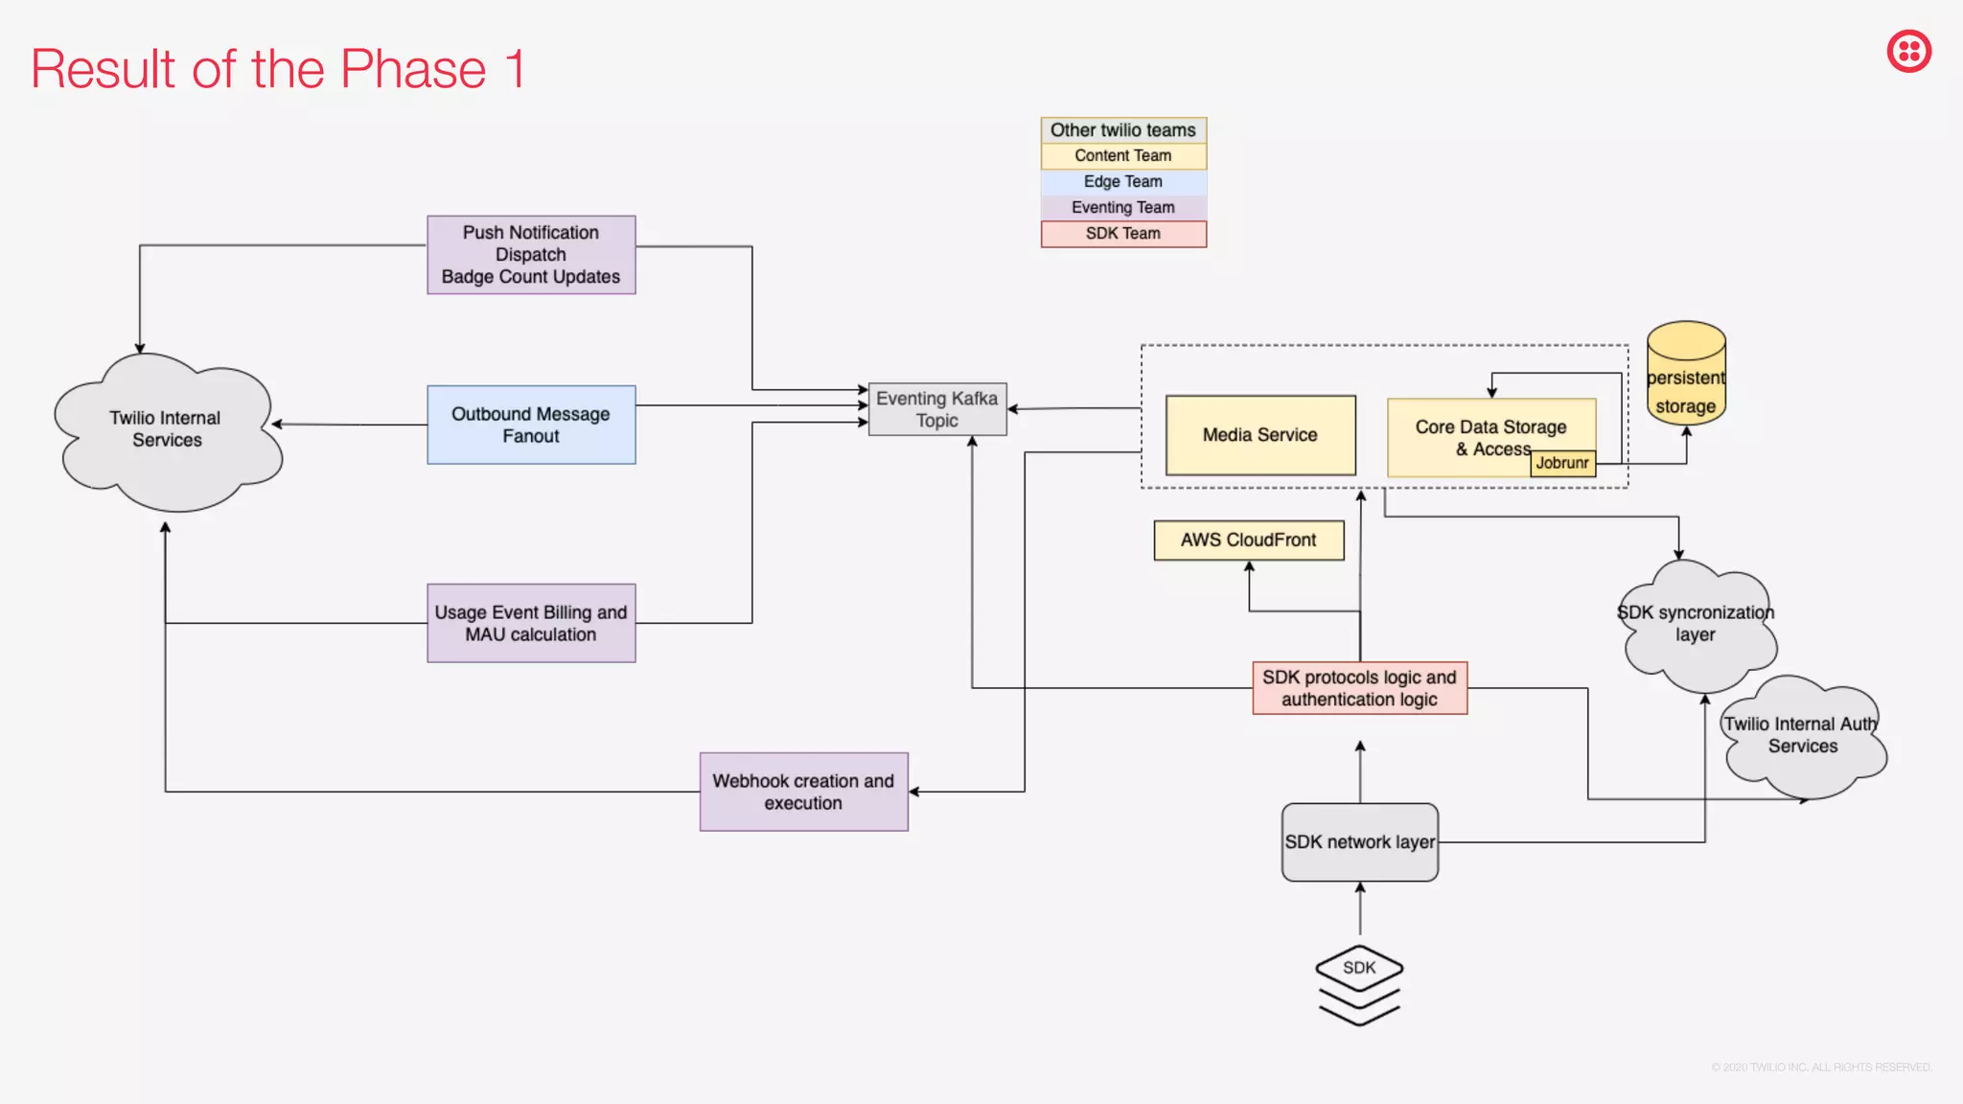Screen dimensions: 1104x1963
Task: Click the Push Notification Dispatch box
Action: pos(531,255)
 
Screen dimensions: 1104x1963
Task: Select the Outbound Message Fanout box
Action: pos(531,425)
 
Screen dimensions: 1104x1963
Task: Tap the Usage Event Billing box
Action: pos(531,623)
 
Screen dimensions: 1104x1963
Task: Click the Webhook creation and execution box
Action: pos(803,792)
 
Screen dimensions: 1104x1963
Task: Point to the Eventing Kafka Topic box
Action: pos(936,409)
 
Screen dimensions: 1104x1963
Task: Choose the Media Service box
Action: pos(1259,435)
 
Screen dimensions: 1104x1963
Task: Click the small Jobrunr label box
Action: pos(1562,463)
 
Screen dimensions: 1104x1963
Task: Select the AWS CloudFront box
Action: pos(1248,540)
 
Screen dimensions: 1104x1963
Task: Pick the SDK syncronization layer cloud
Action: pos(1696,624)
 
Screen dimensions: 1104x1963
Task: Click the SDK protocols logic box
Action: pos(1359,688)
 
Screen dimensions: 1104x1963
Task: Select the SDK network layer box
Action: pos(1359,842)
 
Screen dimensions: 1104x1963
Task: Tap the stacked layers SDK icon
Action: pos(1359,984)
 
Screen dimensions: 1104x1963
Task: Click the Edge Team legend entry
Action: pos(1123,182)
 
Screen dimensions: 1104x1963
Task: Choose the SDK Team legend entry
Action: pos(1123,234)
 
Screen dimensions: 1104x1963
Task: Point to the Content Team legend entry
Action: pos(1123,156)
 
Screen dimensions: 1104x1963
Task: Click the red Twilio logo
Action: pos(1908,52)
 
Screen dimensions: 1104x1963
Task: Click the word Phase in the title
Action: pos(413,70)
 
